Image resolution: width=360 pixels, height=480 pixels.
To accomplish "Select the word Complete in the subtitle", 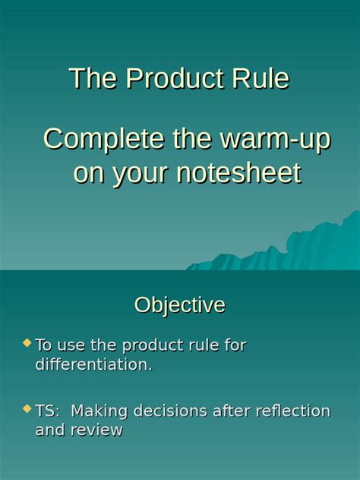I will tap(103, 140).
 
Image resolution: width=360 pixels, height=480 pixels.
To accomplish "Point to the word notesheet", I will tap(238, 174).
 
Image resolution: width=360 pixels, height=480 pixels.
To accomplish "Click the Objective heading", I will tap(180, 305).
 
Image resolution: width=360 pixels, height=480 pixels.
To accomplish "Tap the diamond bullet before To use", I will tap(27, 343).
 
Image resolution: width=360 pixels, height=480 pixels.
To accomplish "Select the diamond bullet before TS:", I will tap(27, 409).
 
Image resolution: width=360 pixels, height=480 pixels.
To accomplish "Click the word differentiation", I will tap(93, 365).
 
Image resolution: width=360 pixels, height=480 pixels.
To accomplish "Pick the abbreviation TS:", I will tap(49, 412).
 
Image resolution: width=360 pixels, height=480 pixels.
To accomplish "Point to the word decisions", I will tap(169, 412).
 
